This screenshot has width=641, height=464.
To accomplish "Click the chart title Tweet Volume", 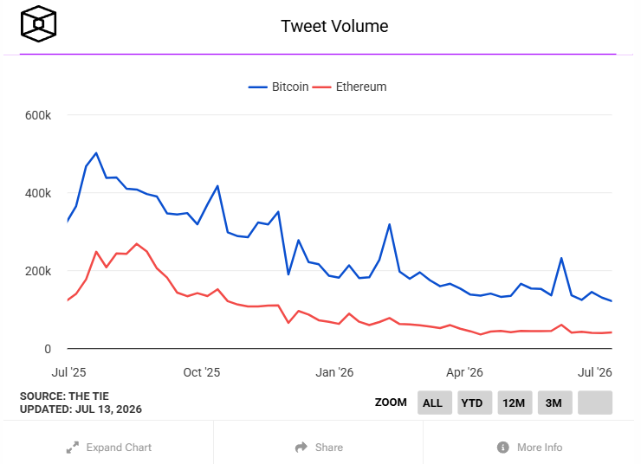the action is click(334, 26).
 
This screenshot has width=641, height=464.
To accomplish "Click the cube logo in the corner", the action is click(38, 23).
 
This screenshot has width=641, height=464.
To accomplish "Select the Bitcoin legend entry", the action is click(278, 87).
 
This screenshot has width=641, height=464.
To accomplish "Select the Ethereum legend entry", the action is click(350, 87).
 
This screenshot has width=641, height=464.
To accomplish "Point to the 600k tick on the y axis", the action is click(38, 115).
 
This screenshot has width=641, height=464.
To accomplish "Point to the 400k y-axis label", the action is click(38, 193).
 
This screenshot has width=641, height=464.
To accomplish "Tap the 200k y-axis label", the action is click(38, 271).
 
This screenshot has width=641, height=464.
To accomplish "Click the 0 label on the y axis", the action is click(48, 349).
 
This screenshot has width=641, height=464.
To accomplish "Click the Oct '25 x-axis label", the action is click(202, 372).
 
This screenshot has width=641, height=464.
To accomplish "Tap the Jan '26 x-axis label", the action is click(334, 372).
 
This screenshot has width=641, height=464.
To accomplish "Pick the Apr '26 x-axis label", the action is click(464, 372).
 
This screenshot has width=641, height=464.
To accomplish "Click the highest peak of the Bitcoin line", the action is click(96, 153).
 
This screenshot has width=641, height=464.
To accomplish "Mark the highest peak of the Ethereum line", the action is click(137, 244).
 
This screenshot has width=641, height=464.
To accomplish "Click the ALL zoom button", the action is click(435, 403).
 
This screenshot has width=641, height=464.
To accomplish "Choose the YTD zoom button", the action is click(475, 403).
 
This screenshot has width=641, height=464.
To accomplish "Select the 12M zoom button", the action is click(515, 403).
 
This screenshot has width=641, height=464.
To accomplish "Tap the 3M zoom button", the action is click(554, 403).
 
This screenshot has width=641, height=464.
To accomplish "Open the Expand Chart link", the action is click(109, 448).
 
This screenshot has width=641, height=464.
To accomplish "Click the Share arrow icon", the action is click(301, 448).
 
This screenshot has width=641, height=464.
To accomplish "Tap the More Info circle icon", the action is click(502, 448).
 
